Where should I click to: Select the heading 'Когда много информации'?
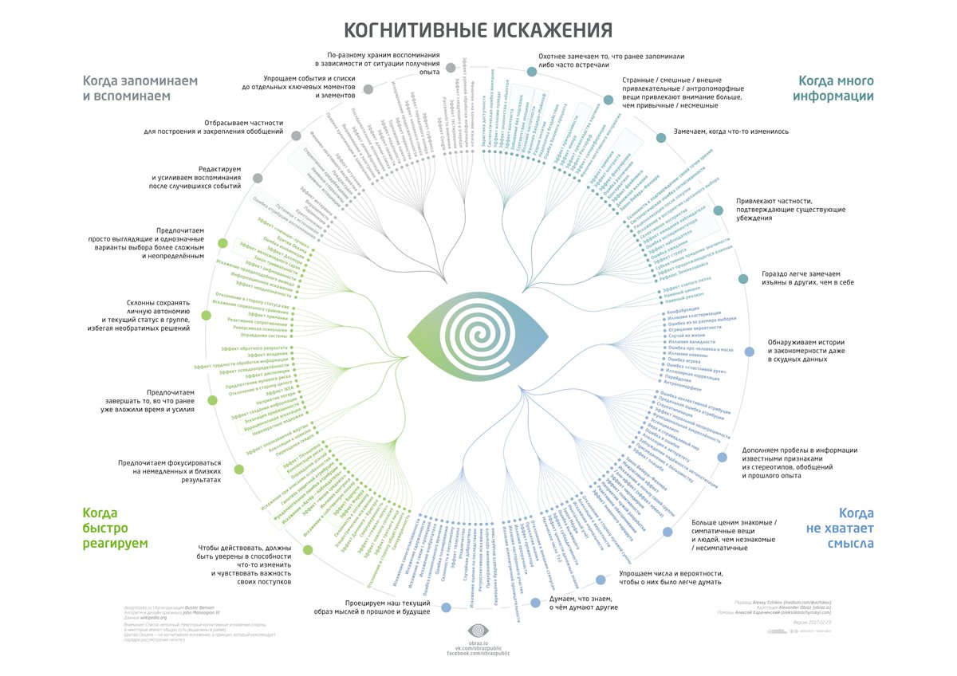836,88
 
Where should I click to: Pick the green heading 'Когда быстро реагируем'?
116,528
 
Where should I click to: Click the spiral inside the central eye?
478,337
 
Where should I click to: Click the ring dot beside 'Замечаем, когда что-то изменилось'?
660,137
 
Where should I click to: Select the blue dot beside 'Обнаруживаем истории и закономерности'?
749,352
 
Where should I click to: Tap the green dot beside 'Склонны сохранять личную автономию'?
207,315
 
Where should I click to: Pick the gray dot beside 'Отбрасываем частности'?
296,136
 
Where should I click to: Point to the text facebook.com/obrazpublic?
478,652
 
